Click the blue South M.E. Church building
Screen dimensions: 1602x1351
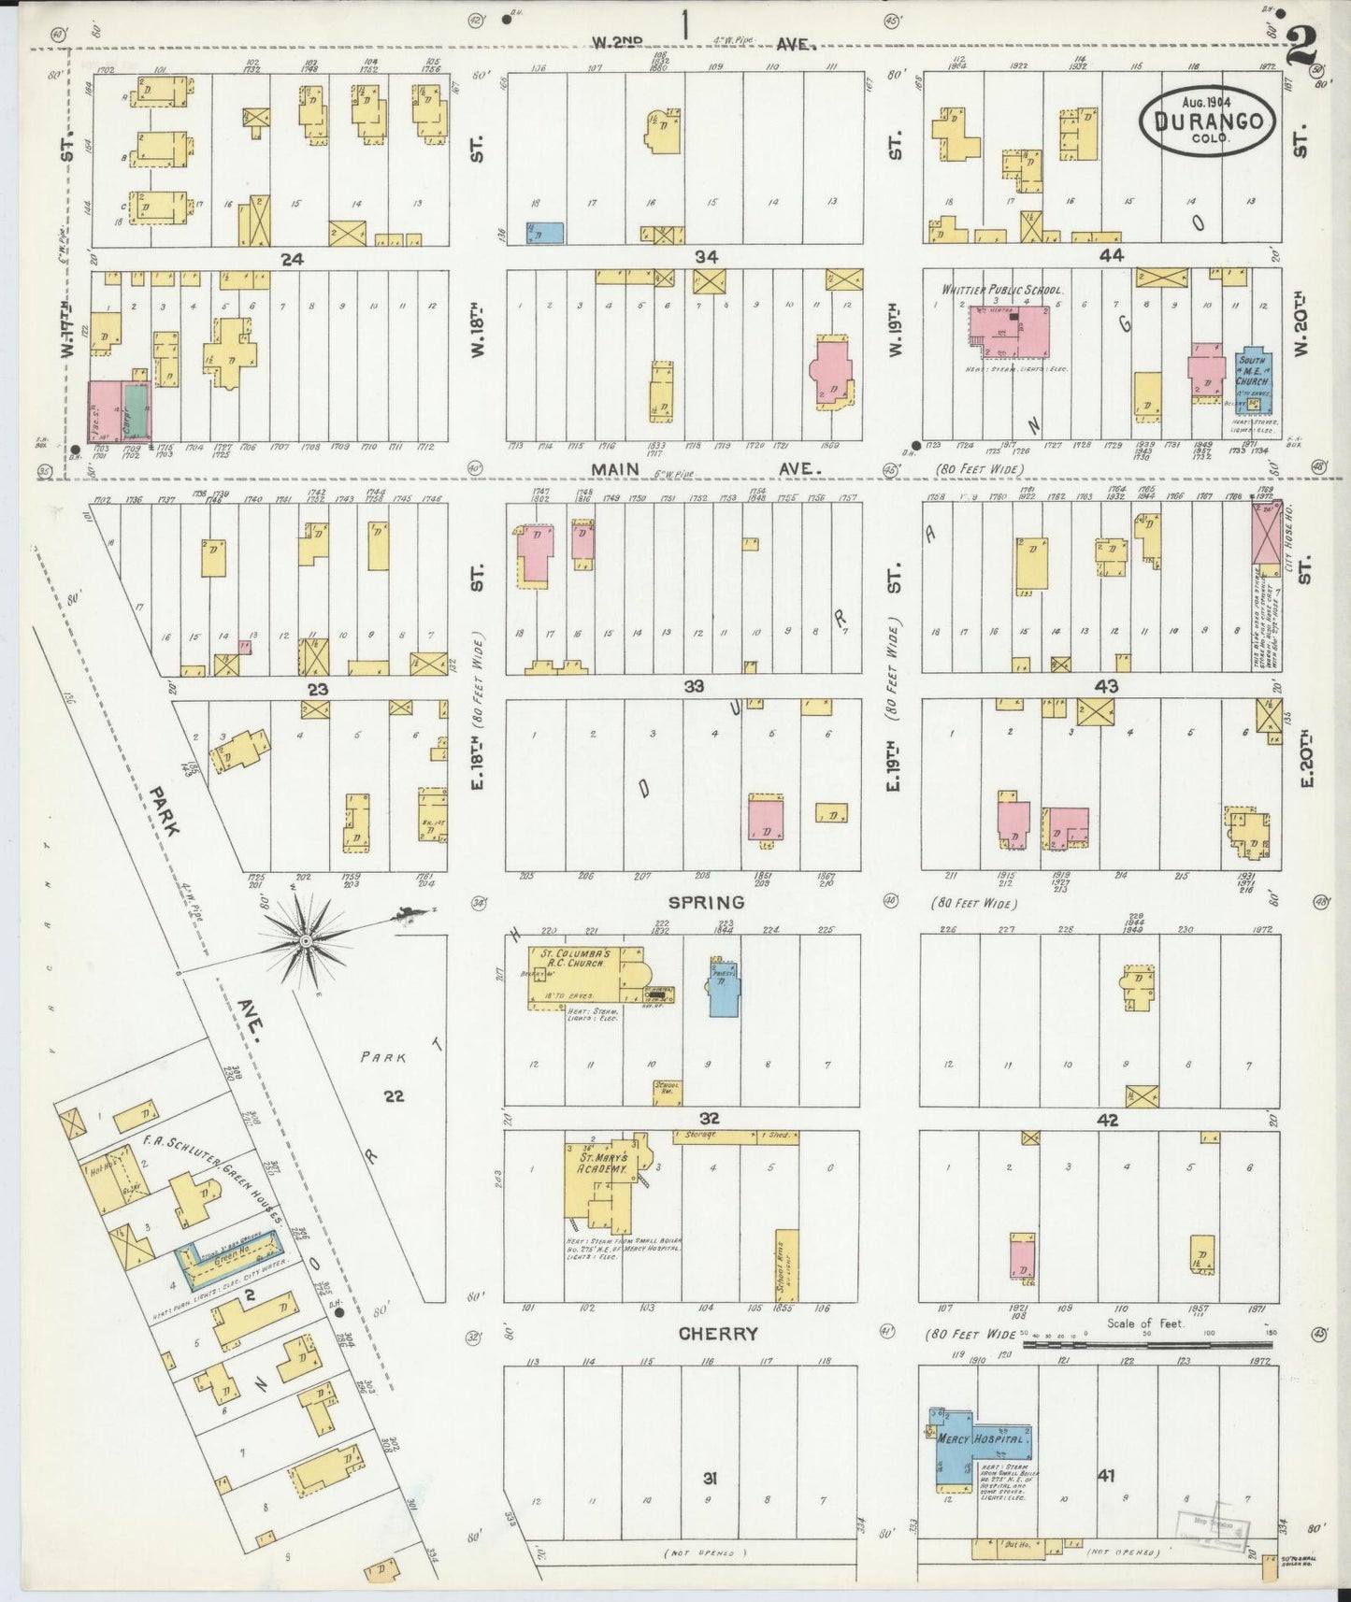tap(1253, 384)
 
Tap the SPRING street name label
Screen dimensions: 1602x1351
tap(706, 903)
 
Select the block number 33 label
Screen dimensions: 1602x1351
tap(693, 686)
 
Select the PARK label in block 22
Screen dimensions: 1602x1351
tap(383, 1058)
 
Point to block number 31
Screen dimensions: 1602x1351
tap(710, 1478)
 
